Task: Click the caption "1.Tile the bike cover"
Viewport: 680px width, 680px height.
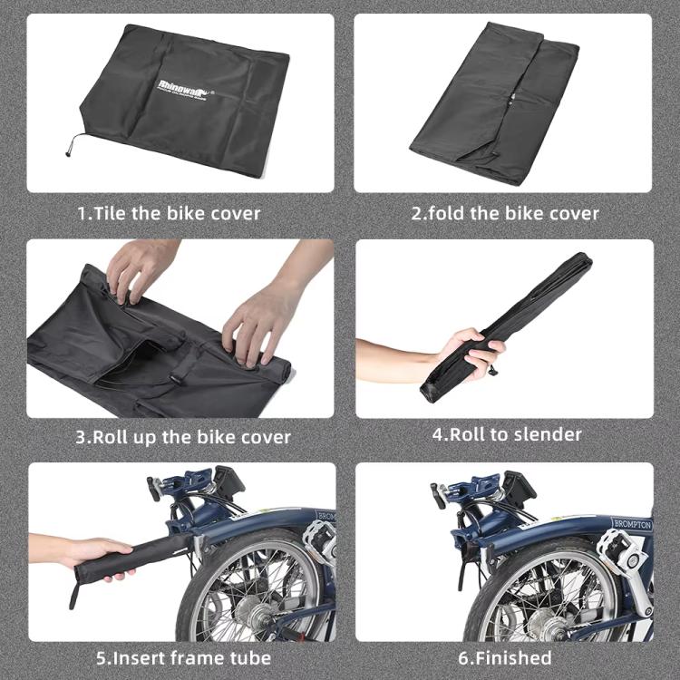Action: click(169, 214)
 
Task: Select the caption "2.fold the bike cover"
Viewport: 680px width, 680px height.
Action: click(505, 214)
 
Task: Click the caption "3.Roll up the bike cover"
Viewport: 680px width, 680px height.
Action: click(183, 437)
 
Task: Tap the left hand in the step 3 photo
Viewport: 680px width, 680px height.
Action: click(141, 268)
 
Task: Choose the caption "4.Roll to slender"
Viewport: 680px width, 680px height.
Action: click(506, 434)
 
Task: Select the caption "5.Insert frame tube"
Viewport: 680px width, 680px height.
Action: click(183, 657)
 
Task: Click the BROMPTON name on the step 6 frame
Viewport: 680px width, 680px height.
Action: click(631, 524)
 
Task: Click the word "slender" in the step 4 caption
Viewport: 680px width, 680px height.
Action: click(547, 434)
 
